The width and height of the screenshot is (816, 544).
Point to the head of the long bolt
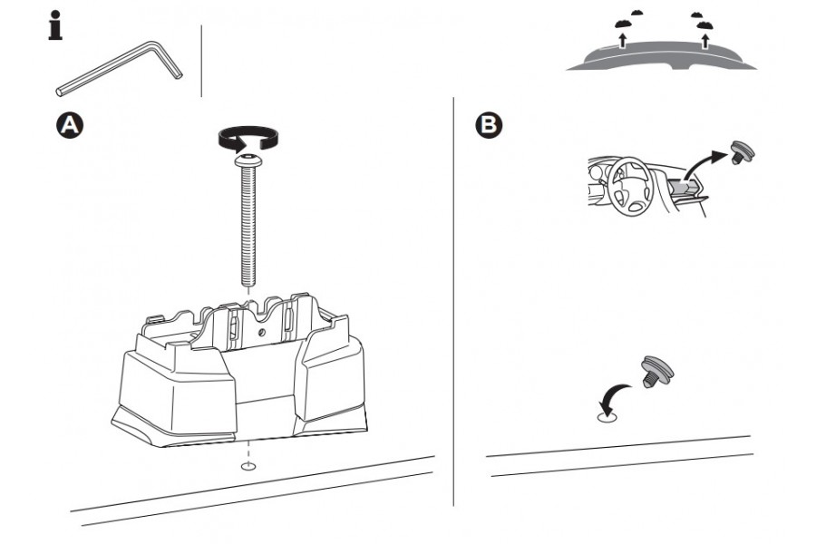click(x=248, y=161)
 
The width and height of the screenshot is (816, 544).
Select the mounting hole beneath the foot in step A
click(x=248, y=467)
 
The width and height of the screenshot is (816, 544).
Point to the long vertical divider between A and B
click(x=453, y=299)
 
